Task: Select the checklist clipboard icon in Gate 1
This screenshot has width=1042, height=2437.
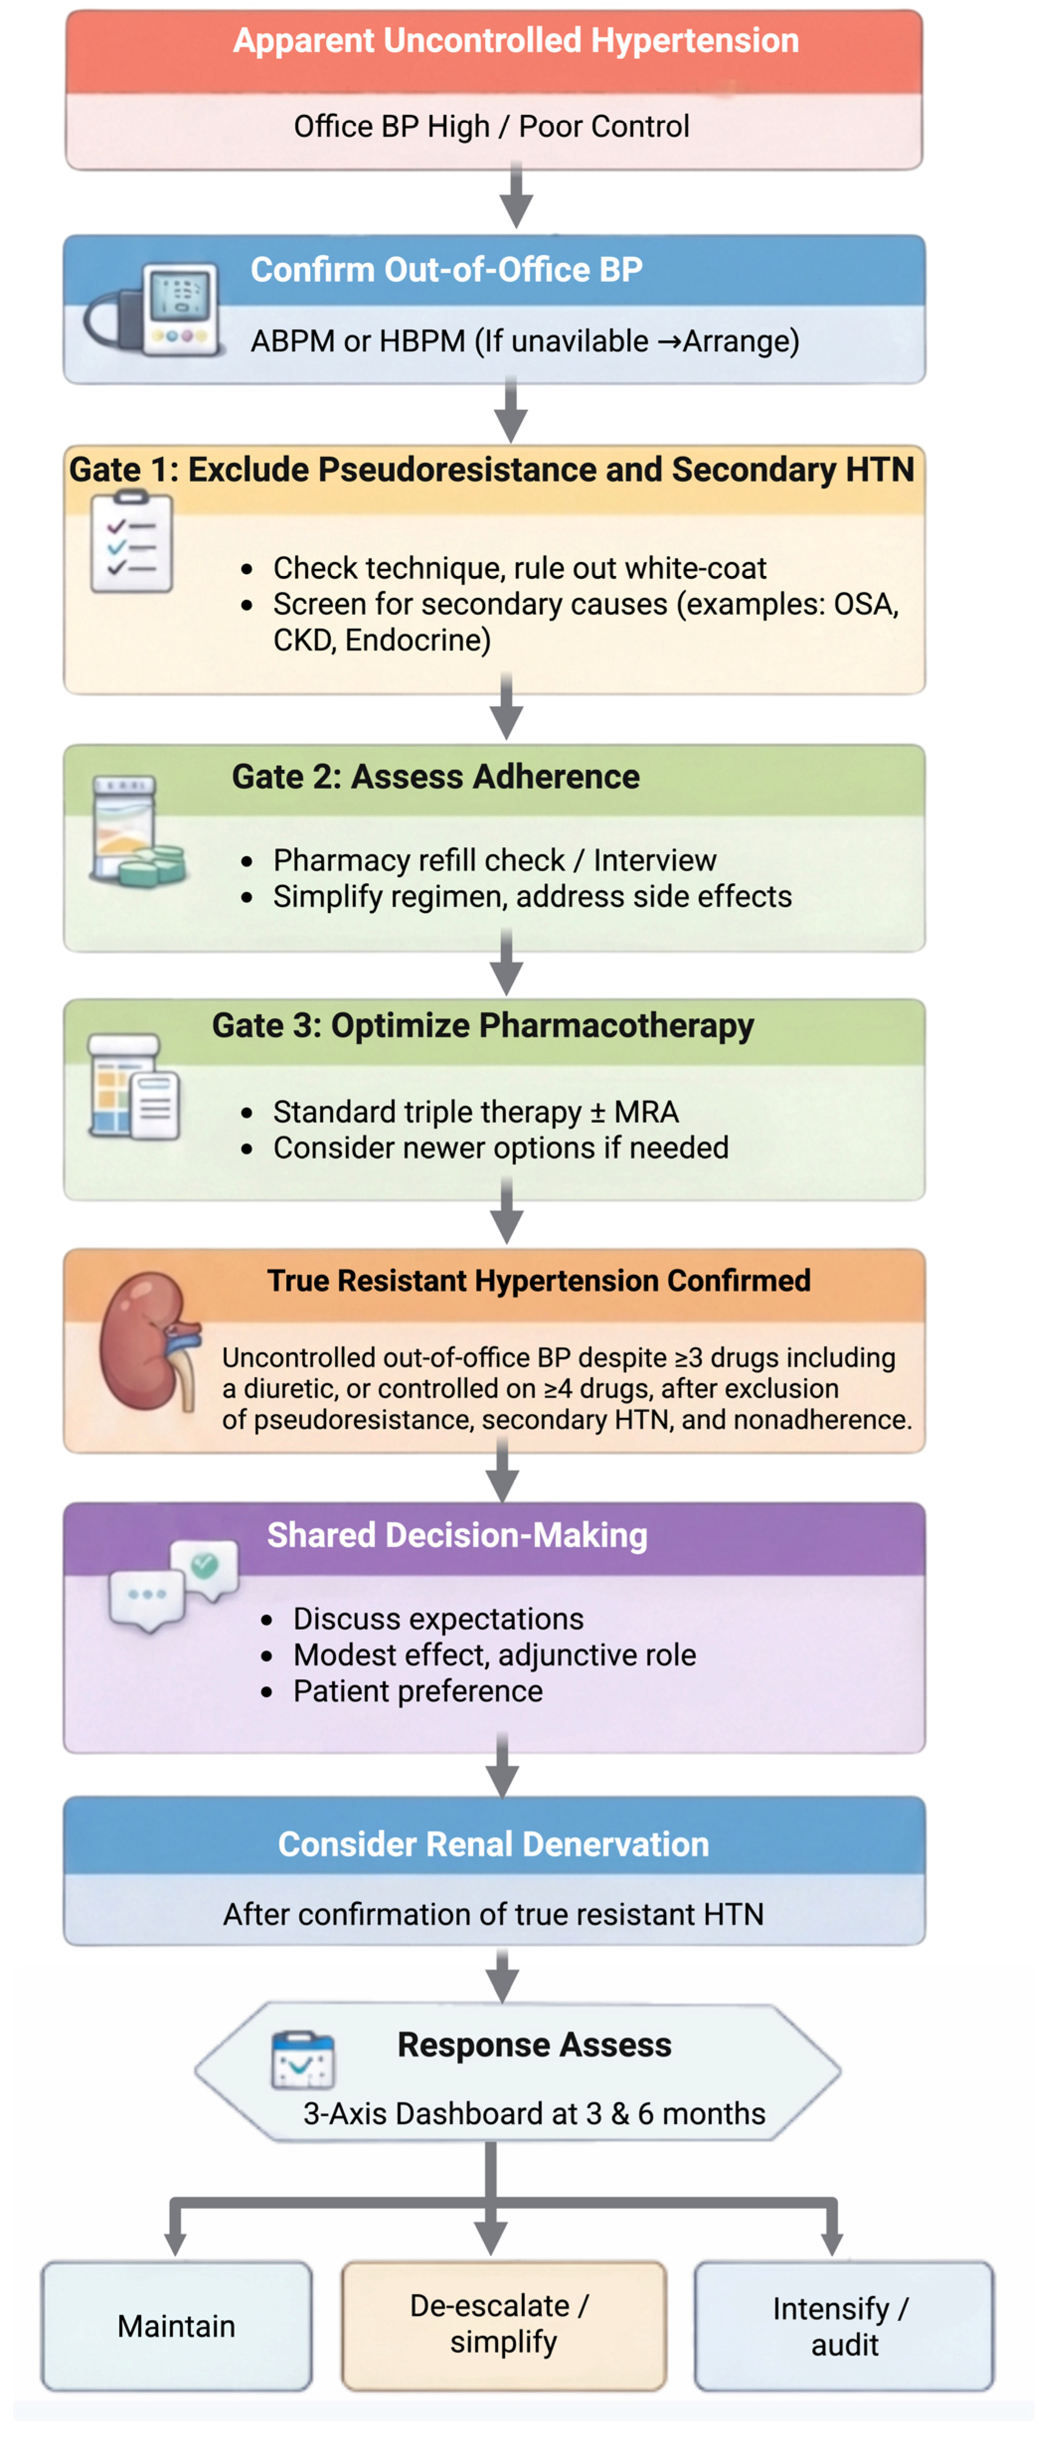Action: click(132, 542)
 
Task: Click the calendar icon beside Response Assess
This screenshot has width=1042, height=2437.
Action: click(303, 2059)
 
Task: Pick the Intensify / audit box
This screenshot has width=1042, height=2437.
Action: click(843, 2325)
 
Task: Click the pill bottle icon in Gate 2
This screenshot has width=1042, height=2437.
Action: click(135, 830)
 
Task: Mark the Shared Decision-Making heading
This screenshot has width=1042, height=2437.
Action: click(457, 1535)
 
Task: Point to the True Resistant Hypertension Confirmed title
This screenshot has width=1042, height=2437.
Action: click(538, 1280)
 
